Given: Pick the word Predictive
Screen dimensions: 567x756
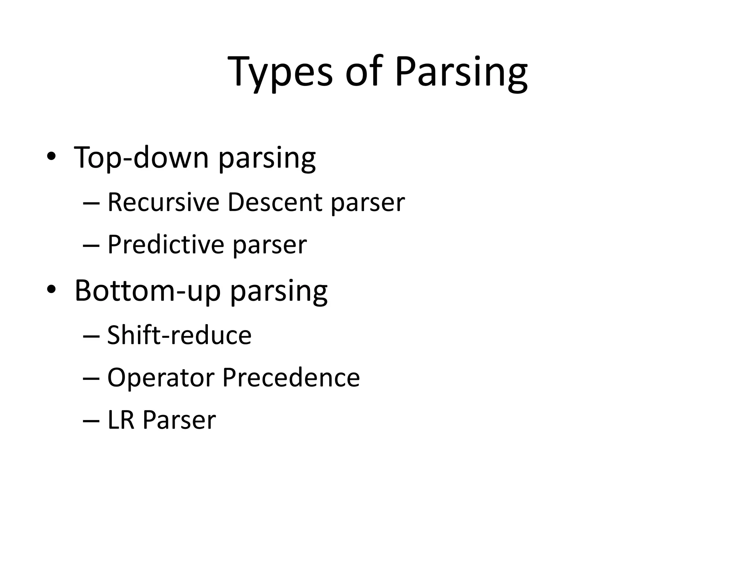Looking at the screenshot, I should pyautogui.click(x=166, y=244).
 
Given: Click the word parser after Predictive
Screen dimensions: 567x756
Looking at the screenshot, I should pyautogui.click(x=270, y=245).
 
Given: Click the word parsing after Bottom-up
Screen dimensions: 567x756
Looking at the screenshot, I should pyautogui.click(x=279, y=292).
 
